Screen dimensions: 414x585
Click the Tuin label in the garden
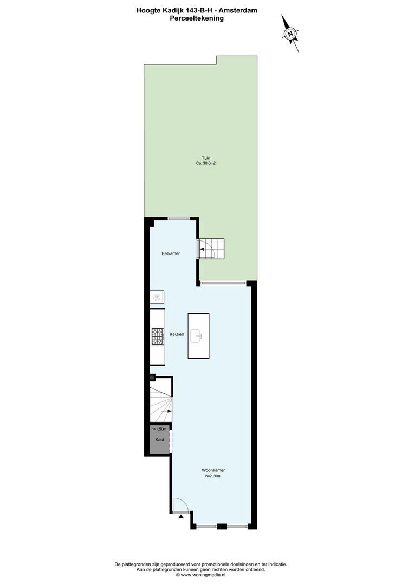click(206, 158)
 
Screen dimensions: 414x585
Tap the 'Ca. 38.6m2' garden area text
click(206, 164)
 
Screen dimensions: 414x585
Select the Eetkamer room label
click(171, 253)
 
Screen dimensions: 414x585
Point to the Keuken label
click(177, 334)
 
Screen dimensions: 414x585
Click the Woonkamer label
click(213, 470)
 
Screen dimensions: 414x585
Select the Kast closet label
click(159, 439)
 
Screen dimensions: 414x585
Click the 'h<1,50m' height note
click(159, 430)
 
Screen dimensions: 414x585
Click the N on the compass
click(290, 34)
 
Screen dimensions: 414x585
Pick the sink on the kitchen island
click(196, 336)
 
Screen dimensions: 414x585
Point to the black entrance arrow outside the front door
click(181, 517)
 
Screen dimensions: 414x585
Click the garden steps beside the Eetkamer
click(212, 249)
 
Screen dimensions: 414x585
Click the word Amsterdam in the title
click(241, 11)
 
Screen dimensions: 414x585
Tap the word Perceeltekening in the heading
click(197, 18)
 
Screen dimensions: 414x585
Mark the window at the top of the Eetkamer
click(179, 219)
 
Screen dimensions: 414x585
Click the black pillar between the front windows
click(222, 526)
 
